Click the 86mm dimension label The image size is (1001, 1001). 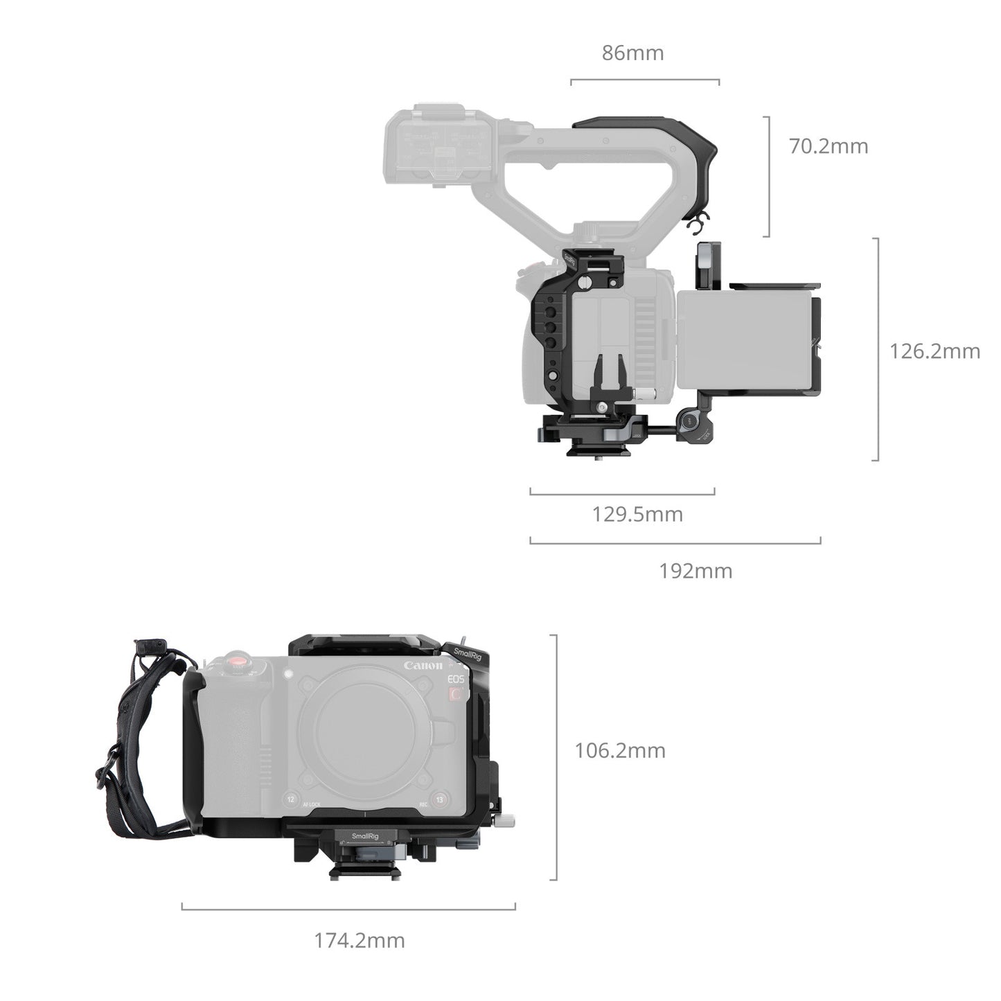pyautogui.click(x=632, y=53)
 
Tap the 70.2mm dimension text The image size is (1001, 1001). pyautogui.click(x=829, y=146)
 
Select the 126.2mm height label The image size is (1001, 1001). pyautogui.click(x=934, y=351)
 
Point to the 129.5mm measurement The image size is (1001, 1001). pyautogui.click(x=637, y=515)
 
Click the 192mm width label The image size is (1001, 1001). pyautogui.click(x=695, y=571)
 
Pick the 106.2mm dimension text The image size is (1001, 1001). pyautogui.click(x=619, y=750)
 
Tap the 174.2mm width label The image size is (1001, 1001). pyautogui.click(x=360, y=941)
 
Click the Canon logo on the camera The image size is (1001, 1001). pyautogui.click(x=423, y=666)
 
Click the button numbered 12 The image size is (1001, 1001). pyautogui.click(x=291, y=799)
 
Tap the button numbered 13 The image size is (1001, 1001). pyautogui.click(x=437, y=799)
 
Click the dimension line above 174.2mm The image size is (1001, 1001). pyautogui.click(x=348, y=906)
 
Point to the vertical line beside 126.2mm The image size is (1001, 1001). pyautogui.click(x=878, y=349)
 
